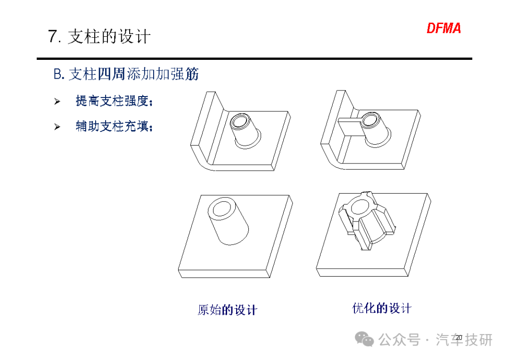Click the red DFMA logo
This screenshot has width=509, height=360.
click(x=443, y=28)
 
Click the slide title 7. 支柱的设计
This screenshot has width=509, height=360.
click(x=99, y=36)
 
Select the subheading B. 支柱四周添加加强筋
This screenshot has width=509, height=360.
click(x=126, y=74)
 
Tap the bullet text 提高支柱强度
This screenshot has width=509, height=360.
click(x=114, y=101)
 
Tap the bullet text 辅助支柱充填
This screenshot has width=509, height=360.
click(x=114, y=126)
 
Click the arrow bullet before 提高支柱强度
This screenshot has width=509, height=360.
click(x=57, y=102)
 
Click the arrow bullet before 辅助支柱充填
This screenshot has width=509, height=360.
click(x=57, y=127)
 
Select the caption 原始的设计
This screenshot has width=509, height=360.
click(x=227, y=310)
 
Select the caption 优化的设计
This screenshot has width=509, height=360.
click(x=382, y=308)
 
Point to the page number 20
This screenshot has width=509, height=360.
click(x=459, y=337)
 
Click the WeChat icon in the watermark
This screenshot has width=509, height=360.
click(x=364, y=339)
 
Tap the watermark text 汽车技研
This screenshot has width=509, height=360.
click(x=464, y=340)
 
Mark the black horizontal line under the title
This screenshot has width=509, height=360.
click(x=254, y=59)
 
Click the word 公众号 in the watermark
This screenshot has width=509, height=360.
click(x=399, y=340)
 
